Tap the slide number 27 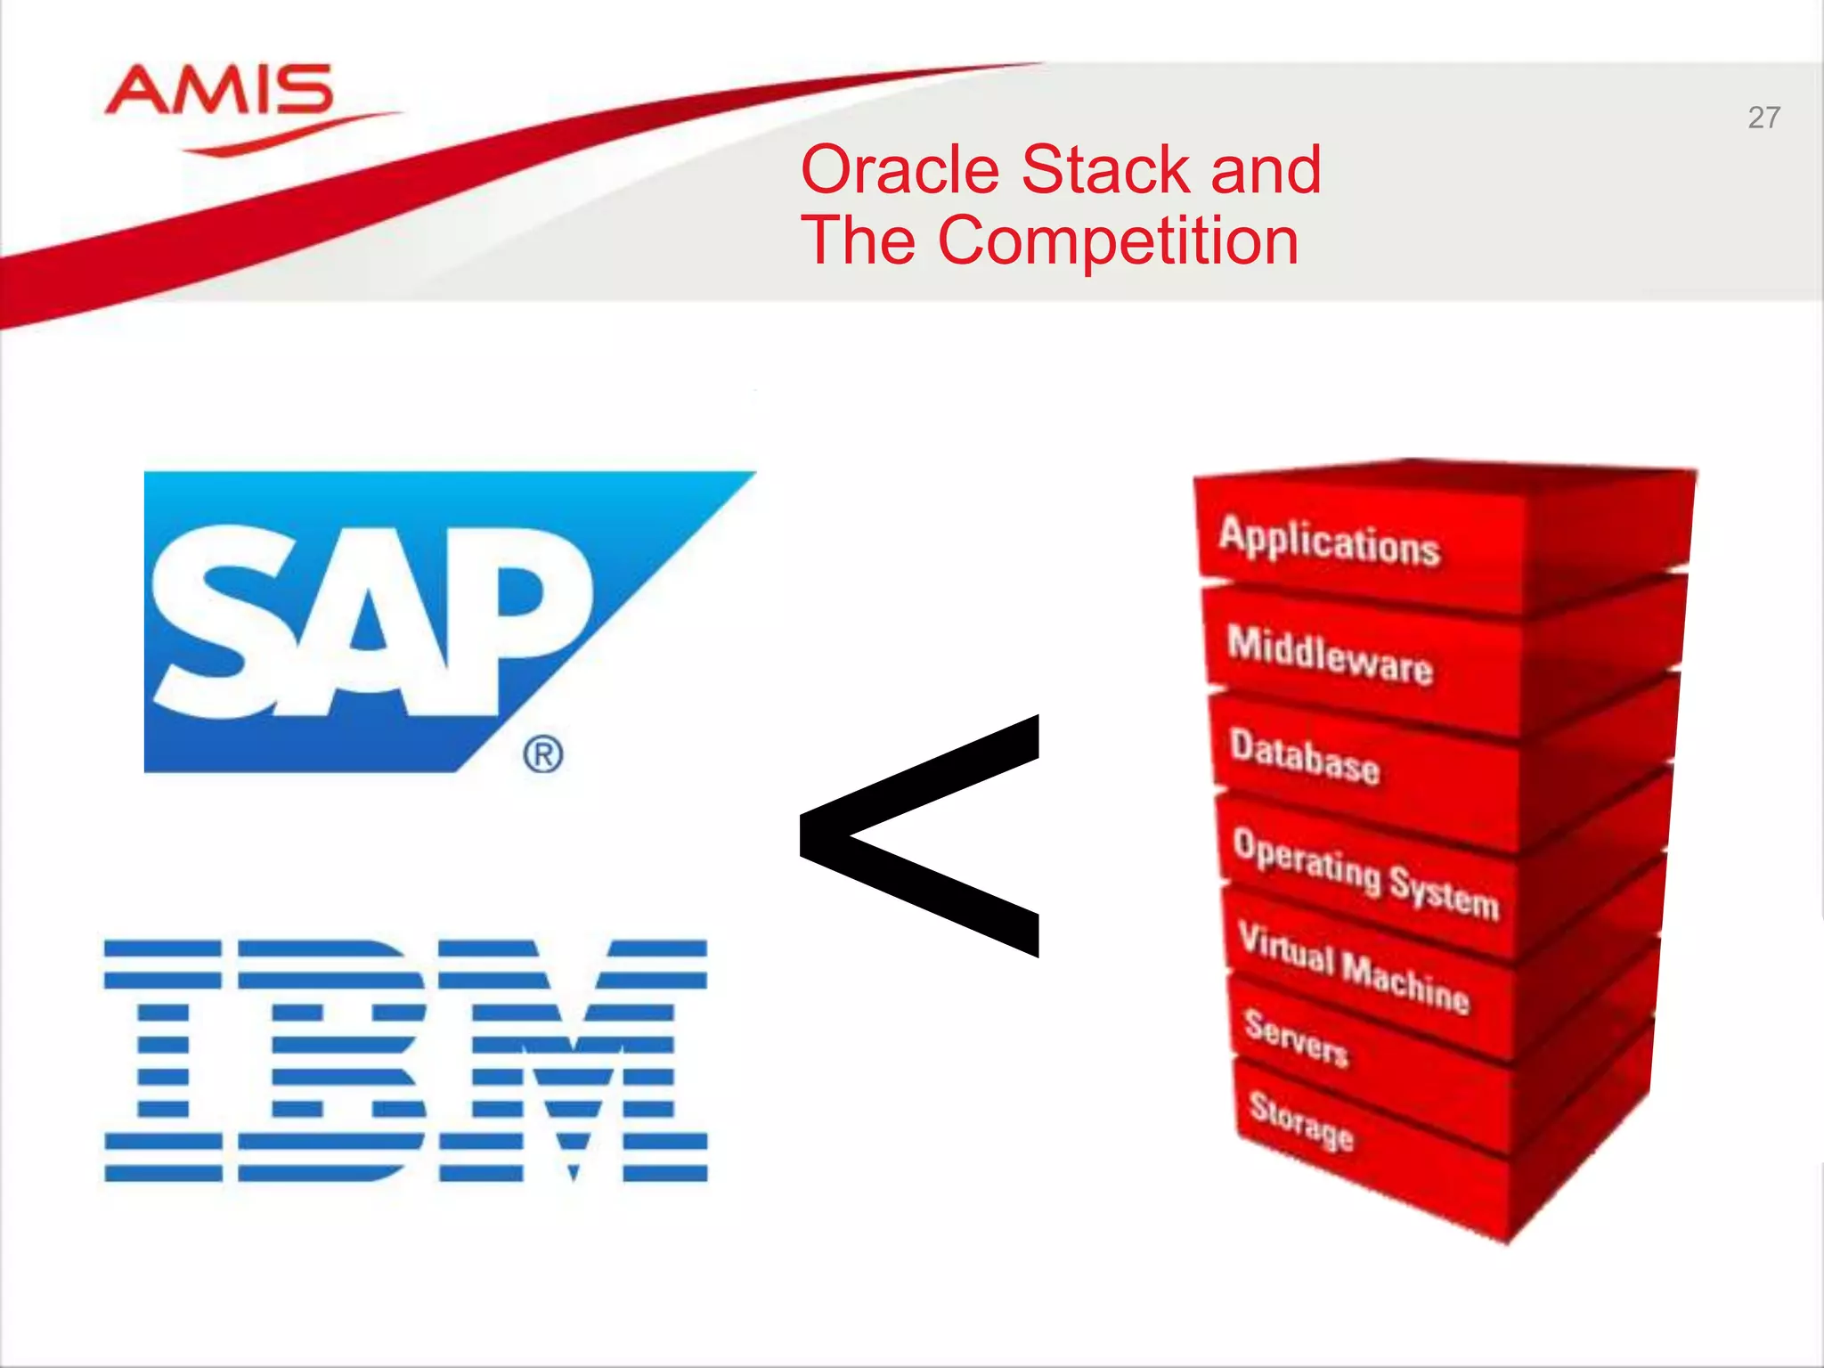(1763, 118)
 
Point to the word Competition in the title (1119, 240)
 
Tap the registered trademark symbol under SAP (543, 755)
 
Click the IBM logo (405, 1060)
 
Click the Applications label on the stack (1329, 541)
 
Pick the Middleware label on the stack (1330, 655)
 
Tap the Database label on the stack (1305, 757)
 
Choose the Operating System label (1366, 873)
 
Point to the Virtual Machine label (1354, 968)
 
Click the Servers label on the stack (1297, 1038)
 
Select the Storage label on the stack (1301, 1120)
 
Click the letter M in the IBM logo (574, 1060)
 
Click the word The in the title (859, 240)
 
